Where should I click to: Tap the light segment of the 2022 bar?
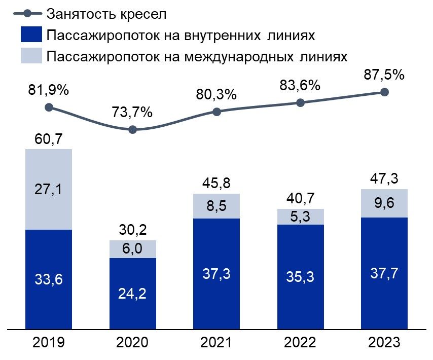(x=300, y=217)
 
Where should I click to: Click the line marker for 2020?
(x=133, y=130)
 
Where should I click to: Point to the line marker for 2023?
(x=384, y=92)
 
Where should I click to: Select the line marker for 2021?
(x=216, y=112)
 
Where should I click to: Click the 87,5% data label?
(x=384, y=75)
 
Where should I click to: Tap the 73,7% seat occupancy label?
(x=133, y=112)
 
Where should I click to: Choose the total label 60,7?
(x=49, y=139)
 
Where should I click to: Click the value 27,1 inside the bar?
(x=49, y=189)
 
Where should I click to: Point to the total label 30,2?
(x=133, y=231)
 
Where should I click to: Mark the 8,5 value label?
(x=216, y=206)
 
